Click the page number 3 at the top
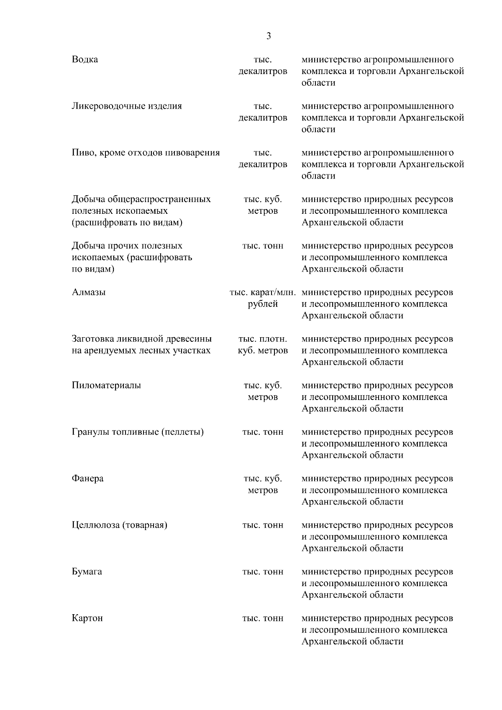268,36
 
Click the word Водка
85,59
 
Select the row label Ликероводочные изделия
127,106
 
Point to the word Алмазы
89,292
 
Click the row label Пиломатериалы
106,385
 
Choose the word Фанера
87,479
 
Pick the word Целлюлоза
96,525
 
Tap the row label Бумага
87,572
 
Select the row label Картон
87,618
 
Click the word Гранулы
91,432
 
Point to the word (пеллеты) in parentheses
182,432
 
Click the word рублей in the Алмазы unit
263,304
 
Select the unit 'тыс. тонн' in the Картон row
263,618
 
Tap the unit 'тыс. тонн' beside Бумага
263,572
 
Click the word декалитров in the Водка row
263,71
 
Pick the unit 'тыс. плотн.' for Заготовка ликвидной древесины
263,339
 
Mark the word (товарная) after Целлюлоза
145,525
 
